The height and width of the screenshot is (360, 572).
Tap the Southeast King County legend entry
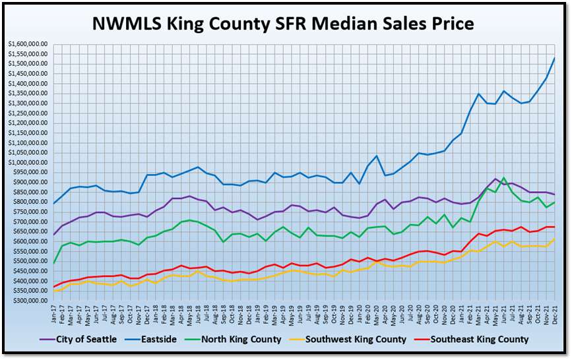coord(479,340)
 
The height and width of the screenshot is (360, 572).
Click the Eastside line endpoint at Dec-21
coord(554,58)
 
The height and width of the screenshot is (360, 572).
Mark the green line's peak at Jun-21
coord(504,178)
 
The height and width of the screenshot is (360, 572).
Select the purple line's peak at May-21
coord(495,179)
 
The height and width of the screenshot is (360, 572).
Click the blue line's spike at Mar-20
coord(377,156)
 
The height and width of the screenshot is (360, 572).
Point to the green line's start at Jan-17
coord(53,264)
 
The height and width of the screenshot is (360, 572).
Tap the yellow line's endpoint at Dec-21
coord(554,239)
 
